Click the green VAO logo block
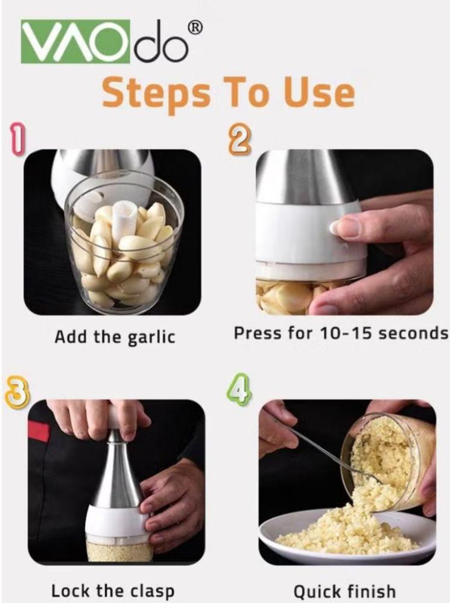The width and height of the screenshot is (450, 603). pos(75,41)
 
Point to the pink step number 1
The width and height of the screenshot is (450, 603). pos(17,139)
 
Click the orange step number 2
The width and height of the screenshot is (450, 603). pos(240,141)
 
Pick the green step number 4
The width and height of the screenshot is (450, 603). pos(238,389)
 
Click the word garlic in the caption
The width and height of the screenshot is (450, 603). pos(151,338)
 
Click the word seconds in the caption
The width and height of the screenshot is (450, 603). pos(413,333)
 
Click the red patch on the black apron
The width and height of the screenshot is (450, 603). pos(39,431)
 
